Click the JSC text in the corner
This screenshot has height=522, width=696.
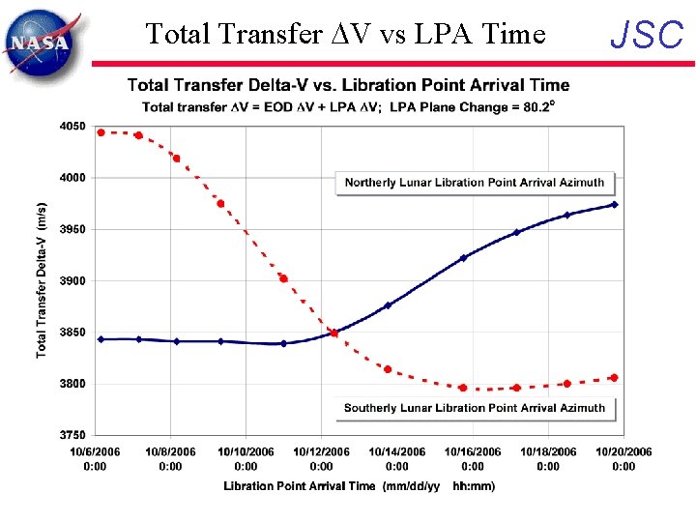(648, 36)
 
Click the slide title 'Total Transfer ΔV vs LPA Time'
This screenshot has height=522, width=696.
(345, 35)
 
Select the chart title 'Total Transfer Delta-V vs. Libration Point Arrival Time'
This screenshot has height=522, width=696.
(348, 86)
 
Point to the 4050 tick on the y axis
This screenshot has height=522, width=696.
(72, 127)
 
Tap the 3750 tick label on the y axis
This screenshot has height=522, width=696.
(72, 435)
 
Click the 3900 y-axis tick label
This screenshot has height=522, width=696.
(72, 281)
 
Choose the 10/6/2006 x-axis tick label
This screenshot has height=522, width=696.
(95, 458)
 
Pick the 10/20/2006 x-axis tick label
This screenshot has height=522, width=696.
(623, 458)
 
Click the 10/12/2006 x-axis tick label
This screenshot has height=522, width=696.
(321, 458)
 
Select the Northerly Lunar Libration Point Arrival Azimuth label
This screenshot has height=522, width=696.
(474, 182)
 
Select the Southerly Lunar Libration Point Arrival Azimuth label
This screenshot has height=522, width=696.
(474, 408)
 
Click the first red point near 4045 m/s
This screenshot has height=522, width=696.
(101, 132)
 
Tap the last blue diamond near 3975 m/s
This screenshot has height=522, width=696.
(615, 204)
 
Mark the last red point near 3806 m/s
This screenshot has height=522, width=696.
(615, 378)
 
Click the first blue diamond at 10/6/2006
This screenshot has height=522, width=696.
(101, 339)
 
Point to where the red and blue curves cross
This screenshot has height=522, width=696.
(333, 333)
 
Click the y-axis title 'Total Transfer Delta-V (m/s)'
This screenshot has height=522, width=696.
(42, 280)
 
